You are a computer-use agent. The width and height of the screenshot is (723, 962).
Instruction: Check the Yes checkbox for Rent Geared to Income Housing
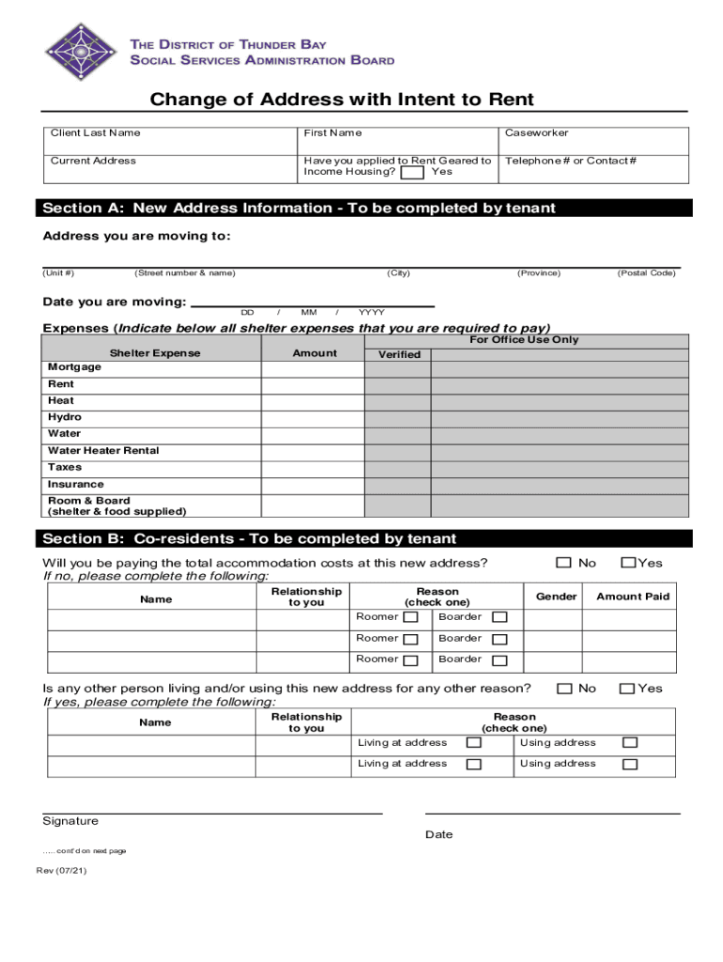[411, 173]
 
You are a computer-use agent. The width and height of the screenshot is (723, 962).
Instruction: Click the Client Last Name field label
[95, 133]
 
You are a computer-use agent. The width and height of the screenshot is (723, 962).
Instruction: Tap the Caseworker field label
[536, 133]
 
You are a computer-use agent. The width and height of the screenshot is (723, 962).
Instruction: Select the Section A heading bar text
[299, 209]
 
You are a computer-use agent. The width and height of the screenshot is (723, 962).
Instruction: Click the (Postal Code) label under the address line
[646, 273]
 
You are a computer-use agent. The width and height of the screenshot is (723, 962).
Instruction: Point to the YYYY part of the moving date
[371, 312]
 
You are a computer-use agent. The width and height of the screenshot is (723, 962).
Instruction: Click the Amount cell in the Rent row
[313, 384]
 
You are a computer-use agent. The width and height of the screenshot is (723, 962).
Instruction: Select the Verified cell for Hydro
[397, 417]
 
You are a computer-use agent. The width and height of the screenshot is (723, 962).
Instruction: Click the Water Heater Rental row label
[103, 451]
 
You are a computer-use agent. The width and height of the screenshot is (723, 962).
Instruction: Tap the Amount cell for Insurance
[313, 485]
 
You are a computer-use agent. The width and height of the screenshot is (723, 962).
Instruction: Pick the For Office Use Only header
[524, 340]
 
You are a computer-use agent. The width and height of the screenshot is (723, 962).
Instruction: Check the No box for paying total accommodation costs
[564, 563]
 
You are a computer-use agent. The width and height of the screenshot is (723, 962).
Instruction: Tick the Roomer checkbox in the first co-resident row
[410, 617]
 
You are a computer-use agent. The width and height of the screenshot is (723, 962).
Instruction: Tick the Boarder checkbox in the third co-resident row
[500, 660]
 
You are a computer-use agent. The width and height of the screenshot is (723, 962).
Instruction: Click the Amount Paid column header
[633, 597]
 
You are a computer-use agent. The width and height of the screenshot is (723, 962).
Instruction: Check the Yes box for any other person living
[626, 689]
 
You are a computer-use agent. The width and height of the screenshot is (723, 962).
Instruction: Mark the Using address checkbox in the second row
[629, 765]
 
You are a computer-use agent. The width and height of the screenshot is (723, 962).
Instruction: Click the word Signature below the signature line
[70, 821]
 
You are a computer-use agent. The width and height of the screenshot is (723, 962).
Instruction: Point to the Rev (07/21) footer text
[62, 870]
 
